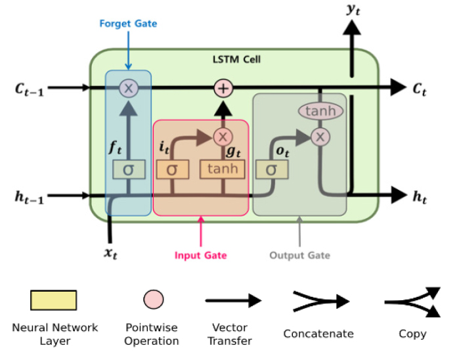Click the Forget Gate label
pyautogui.click(x=128, y=24)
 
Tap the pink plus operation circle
pyautogui.click(x=224, y=87)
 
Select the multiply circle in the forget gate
pyautogui.click(x=128, y=87)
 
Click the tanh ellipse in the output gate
pyautogui.click(x=320, y=111)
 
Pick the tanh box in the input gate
pyautogui.click(x=223, y=169)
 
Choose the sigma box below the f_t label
pyautogui.click(x=128, y=169)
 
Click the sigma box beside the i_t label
pyautogui.click(x=172, y=169)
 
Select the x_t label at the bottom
pyautogui.click(x=110, y=254)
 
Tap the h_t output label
pyautogui.click(x=420, y=195)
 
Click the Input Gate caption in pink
pyautogui.click(x=200, y=255)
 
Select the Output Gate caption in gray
pyautogui.click(x=300, y=255)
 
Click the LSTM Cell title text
pyautogui.click(x=236, y=60)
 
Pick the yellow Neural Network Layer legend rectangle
pyautogui.click(x=53, y=301)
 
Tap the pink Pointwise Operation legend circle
pyautogui.click(x=154, y=300)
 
